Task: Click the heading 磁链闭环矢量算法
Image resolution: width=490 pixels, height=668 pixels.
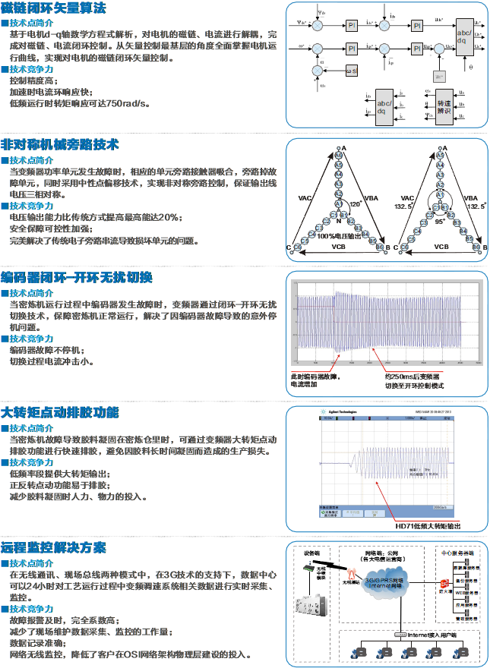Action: (x=54, y=8)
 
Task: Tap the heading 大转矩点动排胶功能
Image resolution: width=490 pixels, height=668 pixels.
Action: (x=60, y=414)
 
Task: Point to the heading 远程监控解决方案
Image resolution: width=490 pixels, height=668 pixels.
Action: (x=54, y=547)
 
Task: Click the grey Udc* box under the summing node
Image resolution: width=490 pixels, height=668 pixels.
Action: (x=438, y=76)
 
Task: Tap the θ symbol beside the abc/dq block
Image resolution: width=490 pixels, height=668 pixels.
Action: (x=471, y=67)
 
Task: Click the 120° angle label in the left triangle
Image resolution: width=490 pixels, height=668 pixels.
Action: (x=354, y=204)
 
